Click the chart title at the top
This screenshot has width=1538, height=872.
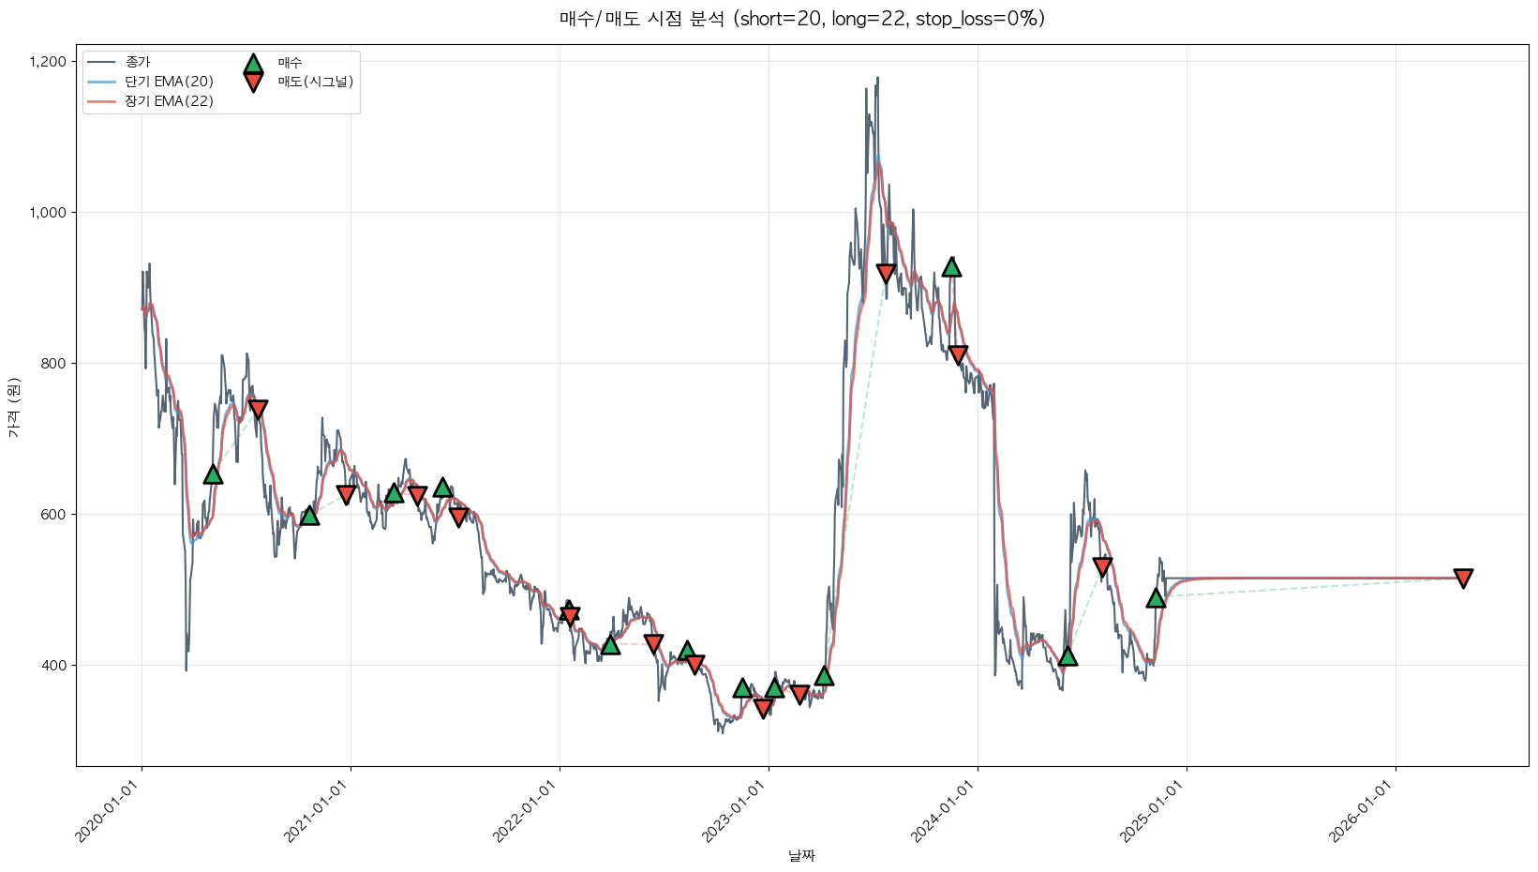(x=801, y=19)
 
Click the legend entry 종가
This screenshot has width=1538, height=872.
(x=138, y=62)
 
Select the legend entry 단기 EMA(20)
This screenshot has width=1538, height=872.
(x=169, y=82)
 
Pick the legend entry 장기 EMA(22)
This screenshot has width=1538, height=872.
(x=169, y=101)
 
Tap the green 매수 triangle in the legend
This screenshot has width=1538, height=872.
(x=253, y=64)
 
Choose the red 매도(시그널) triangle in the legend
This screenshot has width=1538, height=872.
(x=253, y=83)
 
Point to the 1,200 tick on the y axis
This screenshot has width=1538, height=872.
(x=48, y=62)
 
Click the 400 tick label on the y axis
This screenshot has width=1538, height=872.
(x=54, y=666)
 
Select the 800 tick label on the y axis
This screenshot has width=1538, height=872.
(x=54, y=364)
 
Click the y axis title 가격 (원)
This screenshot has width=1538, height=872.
(x=13, y=407)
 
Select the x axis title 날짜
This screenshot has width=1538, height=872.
(x=801, y=855)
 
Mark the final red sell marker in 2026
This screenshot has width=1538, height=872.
(x=1462, y=578)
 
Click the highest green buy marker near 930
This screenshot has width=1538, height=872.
(x=951, y=267)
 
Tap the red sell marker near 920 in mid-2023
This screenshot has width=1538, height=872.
(x=886, y=273)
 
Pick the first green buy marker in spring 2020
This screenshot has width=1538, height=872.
(x=213, y=474)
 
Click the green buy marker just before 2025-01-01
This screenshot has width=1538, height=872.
(x=1156, y=598)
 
